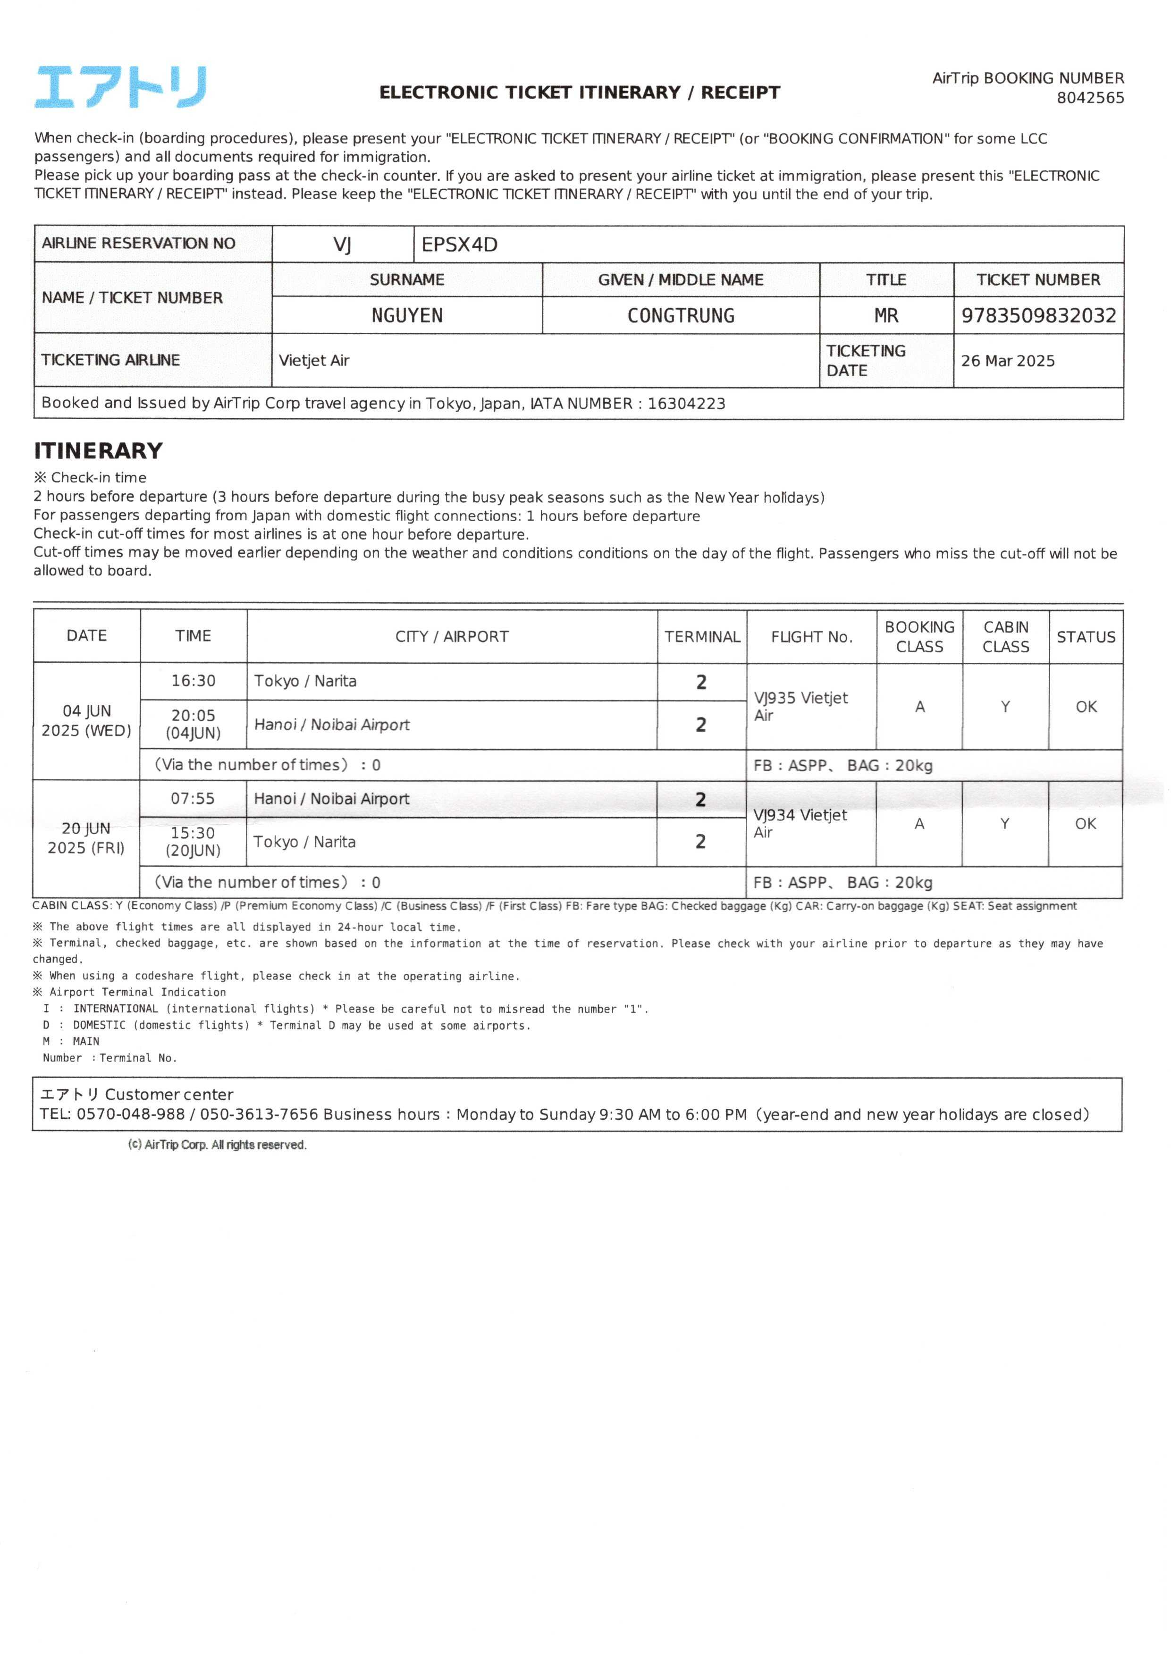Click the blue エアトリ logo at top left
[120, 87]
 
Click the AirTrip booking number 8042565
[1089, 98]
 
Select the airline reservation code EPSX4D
[459, 245]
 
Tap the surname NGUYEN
[407, 316]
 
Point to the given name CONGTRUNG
[681, 316]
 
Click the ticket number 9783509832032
[1038, 316]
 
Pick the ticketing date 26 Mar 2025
[1007, 361]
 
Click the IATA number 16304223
[686, 404]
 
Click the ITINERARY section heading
[98, 451]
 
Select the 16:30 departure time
[193, 681]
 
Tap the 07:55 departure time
[193, 798]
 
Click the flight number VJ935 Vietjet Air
[800, 706]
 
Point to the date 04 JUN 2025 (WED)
[86, 720]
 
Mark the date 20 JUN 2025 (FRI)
[86, 838]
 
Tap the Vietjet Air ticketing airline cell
[314, 361]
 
